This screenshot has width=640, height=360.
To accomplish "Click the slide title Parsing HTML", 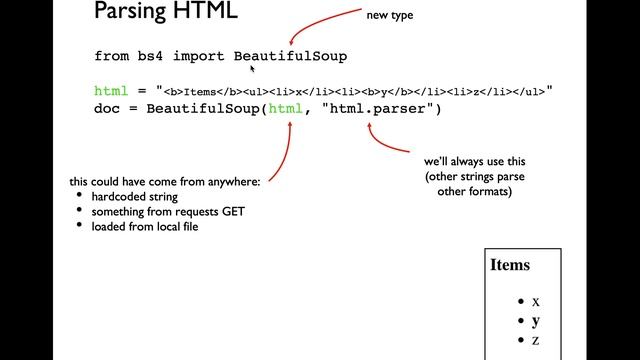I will coord(165,14).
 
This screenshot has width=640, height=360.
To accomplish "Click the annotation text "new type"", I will coord(390,15).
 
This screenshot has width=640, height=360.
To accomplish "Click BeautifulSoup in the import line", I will coord(290,56).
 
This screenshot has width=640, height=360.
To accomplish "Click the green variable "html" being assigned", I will coord(111,91).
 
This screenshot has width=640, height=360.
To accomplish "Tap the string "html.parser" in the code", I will coord(380,108).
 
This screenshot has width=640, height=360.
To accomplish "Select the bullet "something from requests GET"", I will coord(168,212).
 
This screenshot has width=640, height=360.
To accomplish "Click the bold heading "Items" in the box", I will coord(510,266).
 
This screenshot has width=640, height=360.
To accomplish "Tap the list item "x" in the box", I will coord(536,301).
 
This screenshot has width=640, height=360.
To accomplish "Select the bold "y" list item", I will coord(536,321).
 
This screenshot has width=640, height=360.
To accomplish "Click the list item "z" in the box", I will coord(536,341).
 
